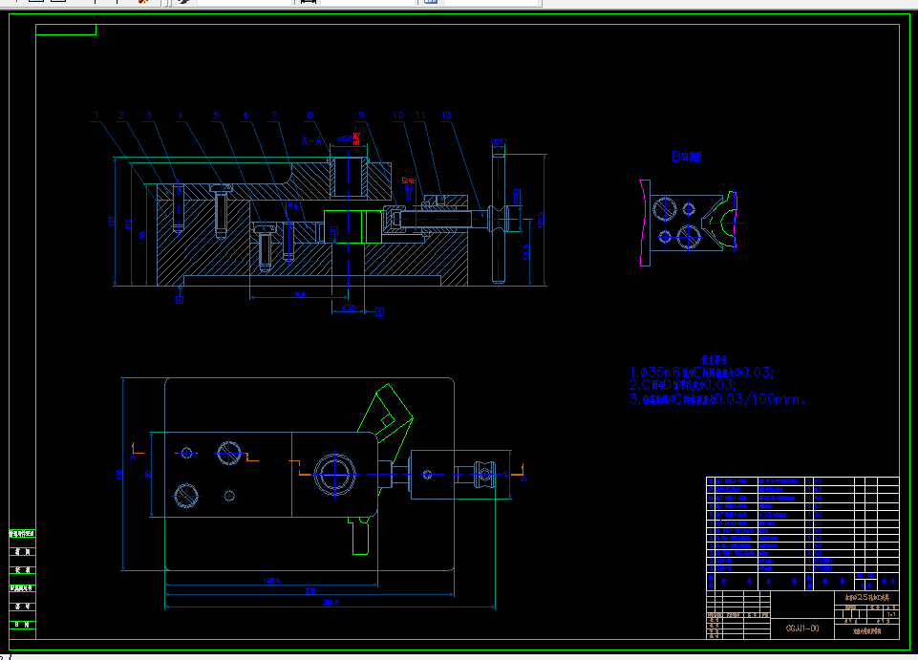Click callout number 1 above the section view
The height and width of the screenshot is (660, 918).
tap(96, 116)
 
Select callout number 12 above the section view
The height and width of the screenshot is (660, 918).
tap(445, 116)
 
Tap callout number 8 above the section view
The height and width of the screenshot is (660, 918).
tap(310, 116)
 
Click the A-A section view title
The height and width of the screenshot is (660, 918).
tap(311, 140)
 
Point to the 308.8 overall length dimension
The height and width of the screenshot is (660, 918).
tap(331, 603)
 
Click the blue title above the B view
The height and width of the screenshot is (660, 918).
tap(686, 156)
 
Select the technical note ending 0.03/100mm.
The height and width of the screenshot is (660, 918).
tap(716, 400)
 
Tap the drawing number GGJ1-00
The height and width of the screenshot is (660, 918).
tap(802, 628)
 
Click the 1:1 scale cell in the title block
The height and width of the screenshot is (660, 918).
tap(890, 614)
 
